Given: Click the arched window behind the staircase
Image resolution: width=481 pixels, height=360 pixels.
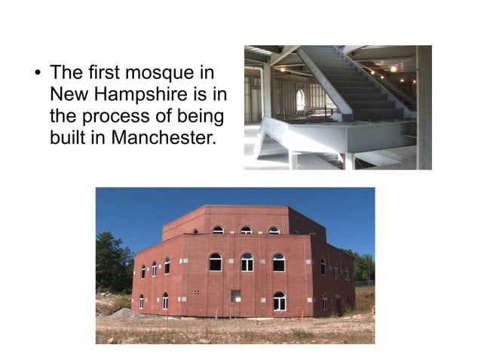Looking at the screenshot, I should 301,99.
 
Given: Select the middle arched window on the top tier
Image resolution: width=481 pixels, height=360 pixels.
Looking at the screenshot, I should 246,230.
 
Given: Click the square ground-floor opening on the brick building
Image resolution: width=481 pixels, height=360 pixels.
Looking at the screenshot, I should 236,296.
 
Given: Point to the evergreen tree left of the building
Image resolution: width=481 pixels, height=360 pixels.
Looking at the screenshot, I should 112,262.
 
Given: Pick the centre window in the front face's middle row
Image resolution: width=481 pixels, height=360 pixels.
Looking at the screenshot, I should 247,262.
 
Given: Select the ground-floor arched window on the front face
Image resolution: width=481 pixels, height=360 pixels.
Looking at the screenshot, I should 279,301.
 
